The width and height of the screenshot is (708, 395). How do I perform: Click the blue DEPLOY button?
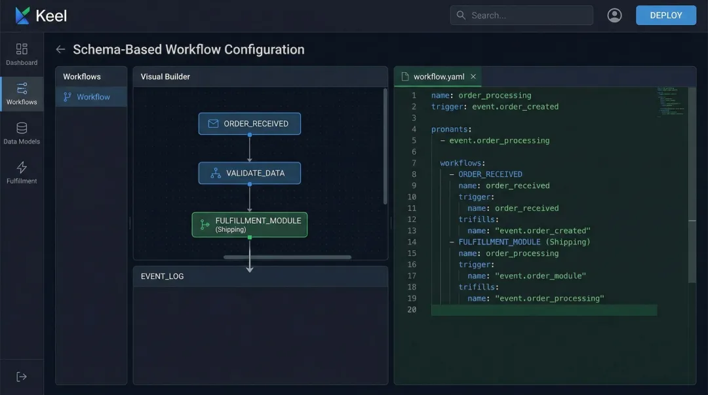tap(665, 15)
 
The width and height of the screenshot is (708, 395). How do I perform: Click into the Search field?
tap(521, 15)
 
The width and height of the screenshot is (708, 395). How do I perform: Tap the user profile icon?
tap(614, 15)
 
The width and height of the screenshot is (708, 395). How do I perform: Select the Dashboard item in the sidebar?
tap(22, 54)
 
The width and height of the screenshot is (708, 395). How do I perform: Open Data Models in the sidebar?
tap(22, 133)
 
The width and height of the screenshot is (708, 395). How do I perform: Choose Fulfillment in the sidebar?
tap(22, 172)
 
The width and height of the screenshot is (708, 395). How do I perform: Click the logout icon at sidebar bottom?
tap(22, 377)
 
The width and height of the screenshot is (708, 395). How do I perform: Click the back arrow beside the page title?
tap(60, 49)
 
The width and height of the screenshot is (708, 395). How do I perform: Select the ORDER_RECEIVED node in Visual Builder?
tap(249, 123)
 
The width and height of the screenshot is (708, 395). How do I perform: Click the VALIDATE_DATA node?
tap(249, 173)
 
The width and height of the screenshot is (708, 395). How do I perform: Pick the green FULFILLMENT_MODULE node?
tap(249, 225)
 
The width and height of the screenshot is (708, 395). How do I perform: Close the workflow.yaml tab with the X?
tap(473, 77)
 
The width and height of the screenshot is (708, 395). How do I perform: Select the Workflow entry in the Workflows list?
tap(92, 97)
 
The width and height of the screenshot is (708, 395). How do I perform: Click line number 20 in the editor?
tap(412, 309)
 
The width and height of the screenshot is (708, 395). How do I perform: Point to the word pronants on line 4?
tap(451, 129)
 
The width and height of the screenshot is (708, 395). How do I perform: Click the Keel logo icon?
tap(22, 15)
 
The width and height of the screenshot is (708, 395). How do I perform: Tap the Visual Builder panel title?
tap(165, 77)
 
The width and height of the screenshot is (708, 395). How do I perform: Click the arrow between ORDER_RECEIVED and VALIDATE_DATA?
tap(249, 149)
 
